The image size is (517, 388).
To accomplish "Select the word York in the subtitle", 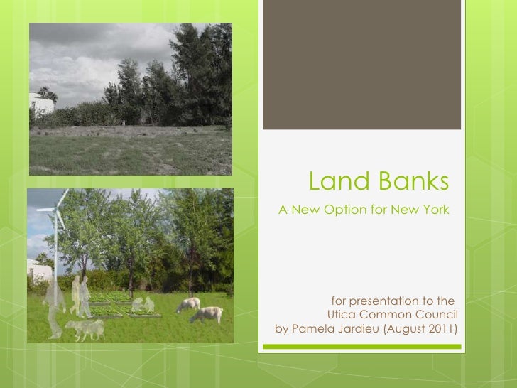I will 433,211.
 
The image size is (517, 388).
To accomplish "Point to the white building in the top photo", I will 40,104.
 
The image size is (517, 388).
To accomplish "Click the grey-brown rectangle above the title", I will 362,65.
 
